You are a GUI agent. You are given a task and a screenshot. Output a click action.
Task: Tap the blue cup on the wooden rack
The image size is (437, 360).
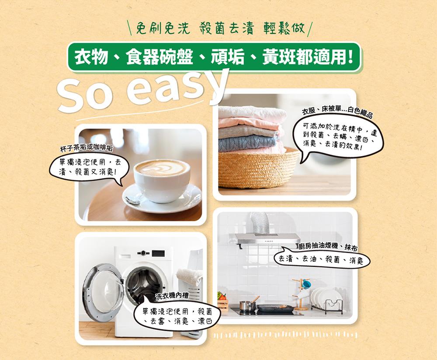307,283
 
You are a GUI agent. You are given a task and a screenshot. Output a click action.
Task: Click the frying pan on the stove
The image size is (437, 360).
274,308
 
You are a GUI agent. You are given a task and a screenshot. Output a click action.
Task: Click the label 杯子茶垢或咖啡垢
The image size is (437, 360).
87,148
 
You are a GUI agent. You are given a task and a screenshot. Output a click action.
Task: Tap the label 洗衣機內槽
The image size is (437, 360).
172,296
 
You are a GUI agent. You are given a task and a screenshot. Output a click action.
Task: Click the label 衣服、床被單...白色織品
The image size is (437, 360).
337,111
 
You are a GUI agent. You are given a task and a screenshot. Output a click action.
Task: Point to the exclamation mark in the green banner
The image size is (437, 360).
350,57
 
